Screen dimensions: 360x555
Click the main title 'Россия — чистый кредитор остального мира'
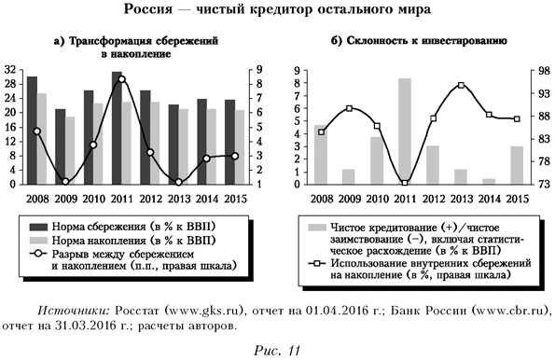pos(277,10)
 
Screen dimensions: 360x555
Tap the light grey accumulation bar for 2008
pos(43,139)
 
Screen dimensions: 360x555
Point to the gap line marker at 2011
pos(122,79)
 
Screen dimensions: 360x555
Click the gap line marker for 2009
pos(65,182)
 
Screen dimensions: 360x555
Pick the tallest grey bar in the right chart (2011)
pos(405,131)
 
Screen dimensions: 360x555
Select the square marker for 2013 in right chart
pos(461,86)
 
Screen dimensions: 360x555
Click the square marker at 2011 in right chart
pos(405,183)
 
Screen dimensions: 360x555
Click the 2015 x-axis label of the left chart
pos(235,198)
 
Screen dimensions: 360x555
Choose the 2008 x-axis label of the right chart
pos(321,198)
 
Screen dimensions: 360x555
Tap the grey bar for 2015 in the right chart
pos(517,165)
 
